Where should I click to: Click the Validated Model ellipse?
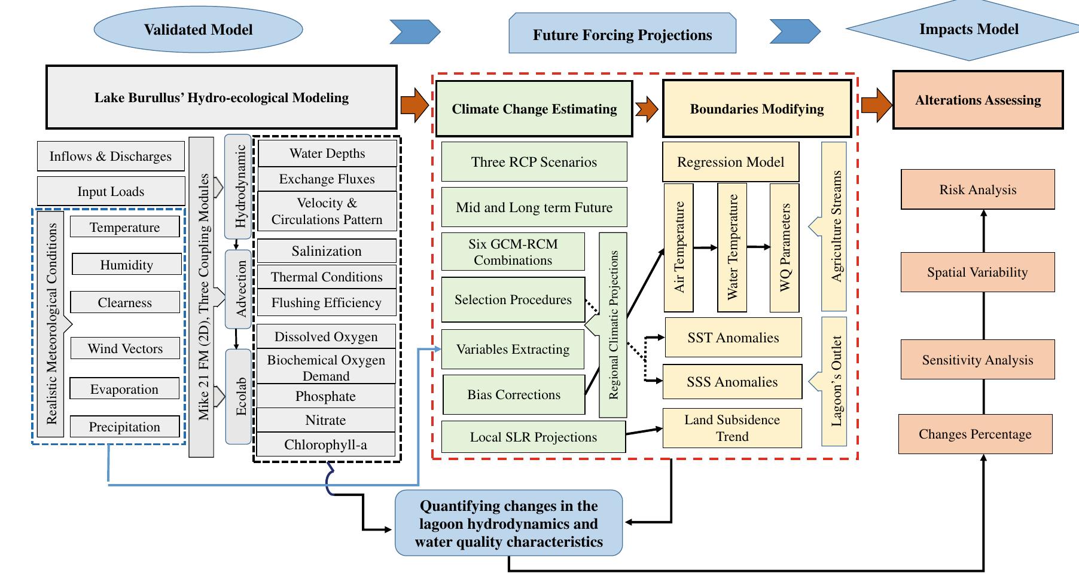pyautogui.click(x=198, y=29)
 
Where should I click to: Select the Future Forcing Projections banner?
pyautogui.click(x=622, y=35)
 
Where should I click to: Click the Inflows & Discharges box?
pyautogui.click(x=111, y=157)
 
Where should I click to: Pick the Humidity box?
pyautogui.click(x=126, y=265)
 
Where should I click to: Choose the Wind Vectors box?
pyautogui.click(x=125, y=348)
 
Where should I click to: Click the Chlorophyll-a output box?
pyautogui.click(x=326, y=445)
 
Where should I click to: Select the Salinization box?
pyautogui.click(x=327, y=251)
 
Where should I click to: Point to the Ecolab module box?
pyautogui.click(x=239, y=396)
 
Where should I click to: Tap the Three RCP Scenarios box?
pyautogui.click(x=534, y=162)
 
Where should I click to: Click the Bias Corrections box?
pyautogui.click(x=514, y=394)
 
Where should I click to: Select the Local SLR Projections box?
pyautogui.click(x=533, y=437)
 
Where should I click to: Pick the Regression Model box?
pyautogui.click(x=730, y=162)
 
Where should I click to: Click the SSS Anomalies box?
pyautogui.click(x=732, y=382)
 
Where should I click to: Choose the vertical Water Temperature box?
pyautogui.click(x=732, y=247)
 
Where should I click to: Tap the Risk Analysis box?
pyautogui.click(x=977, y=190)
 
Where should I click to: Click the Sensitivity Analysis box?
pyautogui.click(x=977, y=360)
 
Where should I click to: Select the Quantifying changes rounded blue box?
pyautogui.click(x=508, y=523)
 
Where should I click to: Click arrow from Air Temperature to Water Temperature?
pyautogui.click(x=705, y=247)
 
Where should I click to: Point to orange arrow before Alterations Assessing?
pyautogui.click(x=876, y=106)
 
